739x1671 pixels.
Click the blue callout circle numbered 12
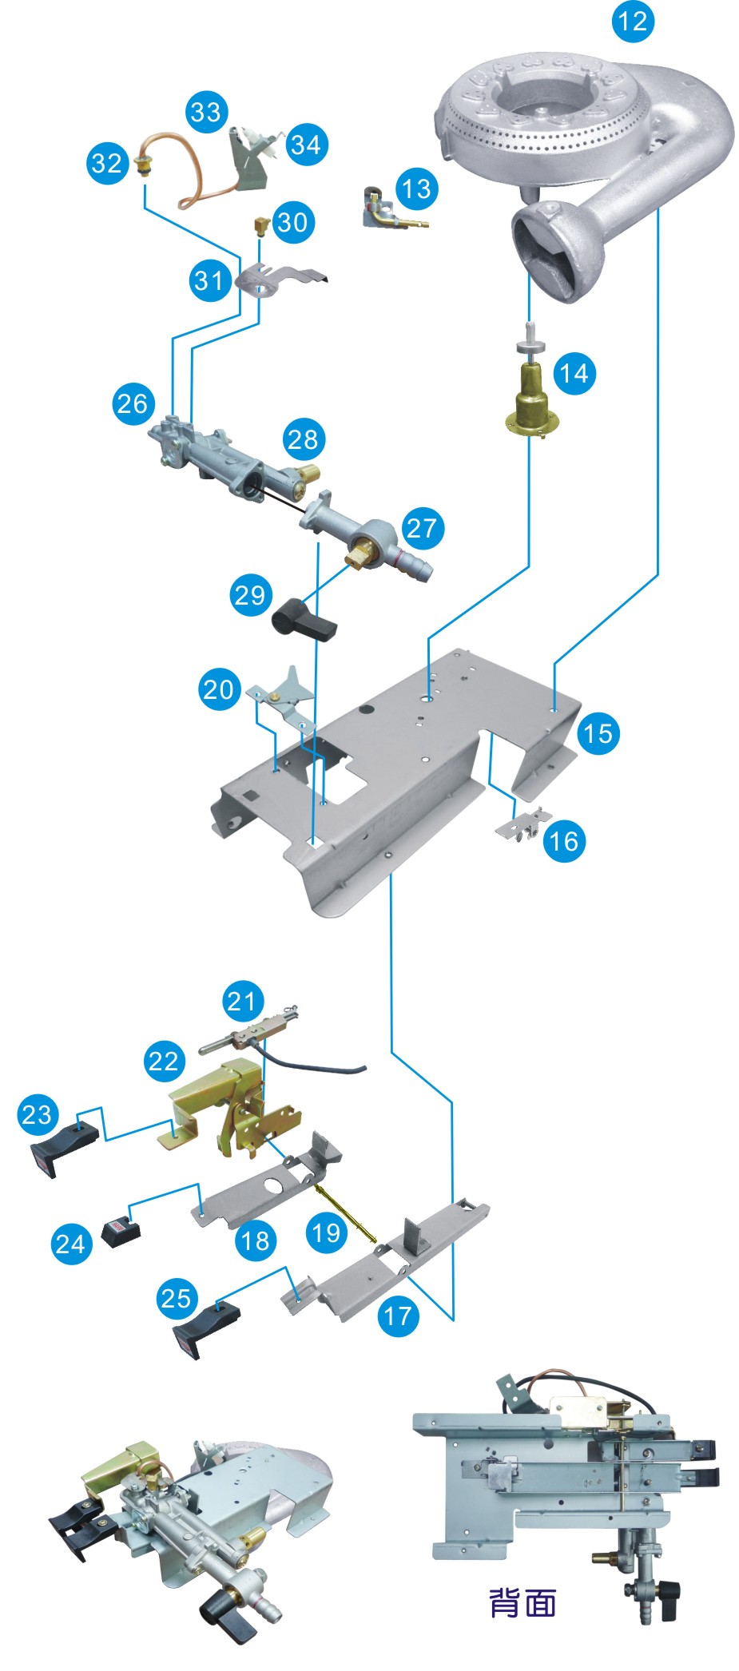pyautogui.click(x=633, y=21)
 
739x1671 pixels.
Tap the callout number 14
pyautogui.click(x=574, y=373)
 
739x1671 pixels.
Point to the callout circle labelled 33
pyautogui.click(x=206, y=111)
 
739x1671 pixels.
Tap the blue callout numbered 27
pyautogui.click(x=422, y=527)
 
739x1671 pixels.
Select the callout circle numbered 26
pyautogui.click(x=133, y=403)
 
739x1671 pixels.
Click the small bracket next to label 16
pyautogui.click(x=523, y=825)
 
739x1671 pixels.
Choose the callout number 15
pyautogui.click(x=598, y=732)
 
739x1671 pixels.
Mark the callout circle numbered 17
pyautogui.click(x=398, y=1315)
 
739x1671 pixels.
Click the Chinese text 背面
pyautogui.click(x=522, y=1602)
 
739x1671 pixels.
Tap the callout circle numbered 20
pyautogui.click(x=218, y=689)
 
